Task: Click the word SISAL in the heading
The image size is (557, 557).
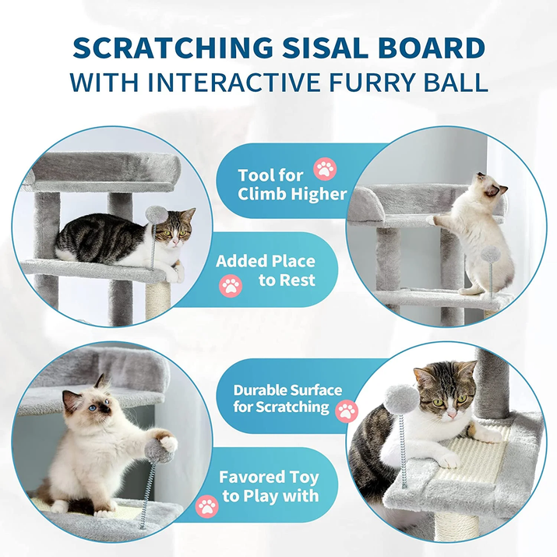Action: (325, 48)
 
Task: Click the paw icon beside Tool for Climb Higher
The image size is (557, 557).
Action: (325, 169)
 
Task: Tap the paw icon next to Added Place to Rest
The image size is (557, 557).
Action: (231, 286)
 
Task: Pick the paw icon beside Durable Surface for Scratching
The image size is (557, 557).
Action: (347, 411)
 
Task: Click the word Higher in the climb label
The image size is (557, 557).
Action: (319, 194)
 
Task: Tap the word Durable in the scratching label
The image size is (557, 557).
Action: (254, 390)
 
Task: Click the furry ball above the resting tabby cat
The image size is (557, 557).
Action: (157, 215)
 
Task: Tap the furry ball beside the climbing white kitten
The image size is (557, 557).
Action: (491, 254)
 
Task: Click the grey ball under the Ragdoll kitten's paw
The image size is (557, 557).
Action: (158, 451)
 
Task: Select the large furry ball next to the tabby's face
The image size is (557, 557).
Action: (403, 399)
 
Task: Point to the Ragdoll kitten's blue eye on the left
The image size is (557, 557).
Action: (93, 407)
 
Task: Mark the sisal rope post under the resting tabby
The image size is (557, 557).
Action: (157, 299)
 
